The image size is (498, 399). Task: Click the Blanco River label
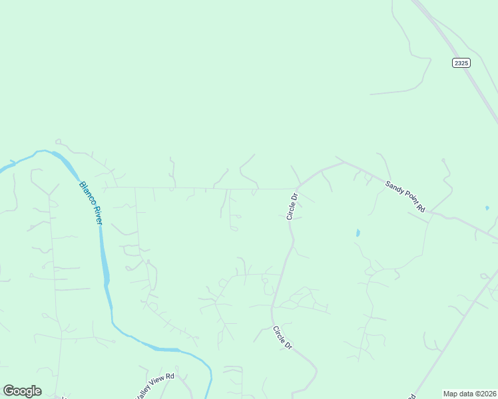[x=90, y=203]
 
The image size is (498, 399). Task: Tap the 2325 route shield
[x=461, y=63]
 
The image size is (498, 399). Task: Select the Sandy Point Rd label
[x=405, y=196]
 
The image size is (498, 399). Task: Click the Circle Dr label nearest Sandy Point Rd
[x=292, y=206]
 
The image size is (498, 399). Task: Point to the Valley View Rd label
[x=154, y=385]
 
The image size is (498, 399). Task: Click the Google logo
[x=22, y=391]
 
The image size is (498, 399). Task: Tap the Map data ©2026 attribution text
[x=469, y=394]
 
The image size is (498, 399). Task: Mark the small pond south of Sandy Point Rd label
[x=358, y=233]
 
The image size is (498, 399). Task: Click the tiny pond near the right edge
[x=487, y=208]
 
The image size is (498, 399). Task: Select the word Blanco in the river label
[x=85, y=193]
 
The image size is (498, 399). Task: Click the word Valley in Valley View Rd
[x=145, y=390]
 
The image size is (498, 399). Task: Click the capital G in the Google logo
[x=9, y=390]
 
